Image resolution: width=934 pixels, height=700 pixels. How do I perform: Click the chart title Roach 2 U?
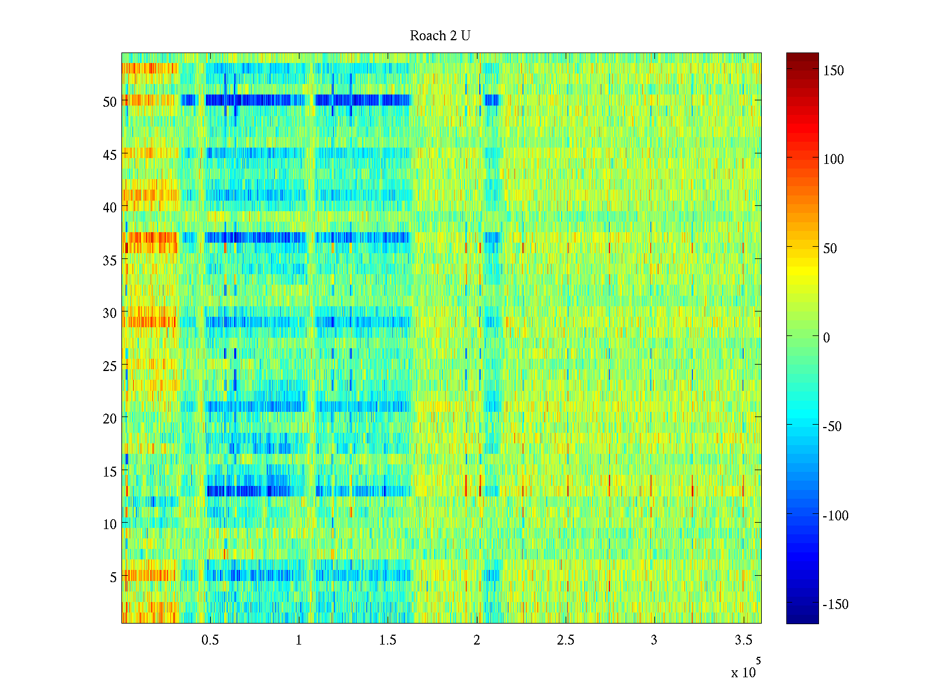pos(440,36)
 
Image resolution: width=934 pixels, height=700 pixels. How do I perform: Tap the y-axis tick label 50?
pos(109,101)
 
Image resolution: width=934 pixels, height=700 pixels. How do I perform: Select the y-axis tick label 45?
pos(109,155)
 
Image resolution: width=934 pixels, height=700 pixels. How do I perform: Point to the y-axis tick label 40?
pos(109,207)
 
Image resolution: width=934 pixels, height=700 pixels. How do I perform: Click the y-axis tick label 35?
pos(109,261)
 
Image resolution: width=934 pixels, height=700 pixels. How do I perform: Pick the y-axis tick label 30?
pos(109,313)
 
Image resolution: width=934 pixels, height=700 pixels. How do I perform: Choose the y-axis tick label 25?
pos(109,366)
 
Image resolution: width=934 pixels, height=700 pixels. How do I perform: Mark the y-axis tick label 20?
pos(109,418)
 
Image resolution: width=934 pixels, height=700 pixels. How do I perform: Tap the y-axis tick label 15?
pos(109,471)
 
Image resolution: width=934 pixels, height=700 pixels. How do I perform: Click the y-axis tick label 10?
pos(109,524)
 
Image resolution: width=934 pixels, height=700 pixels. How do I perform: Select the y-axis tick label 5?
pos(113,577)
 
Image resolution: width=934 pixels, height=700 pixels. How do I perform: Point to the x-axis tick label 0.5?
pos(210,640)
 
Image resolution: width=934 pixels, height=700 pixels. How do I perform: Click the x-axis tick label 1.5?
pos(388,640)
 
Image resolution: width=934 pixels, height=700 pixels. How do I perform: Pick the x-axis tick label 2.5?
pos(565,640)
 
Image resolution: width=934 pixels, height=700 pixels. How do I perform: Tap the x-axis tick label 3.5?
pos(743,640)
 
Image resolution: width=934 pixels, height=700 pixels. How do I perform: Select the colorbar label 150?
pos(833,71)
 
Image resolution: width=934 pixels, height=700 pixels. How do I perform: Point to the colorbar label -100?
pos(835,516)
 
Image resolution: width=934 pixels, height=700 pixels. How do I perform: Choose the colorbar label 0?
pos(826,338)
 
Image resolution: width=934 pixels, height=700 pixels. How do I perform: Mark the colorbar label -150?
pos(835,604)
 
